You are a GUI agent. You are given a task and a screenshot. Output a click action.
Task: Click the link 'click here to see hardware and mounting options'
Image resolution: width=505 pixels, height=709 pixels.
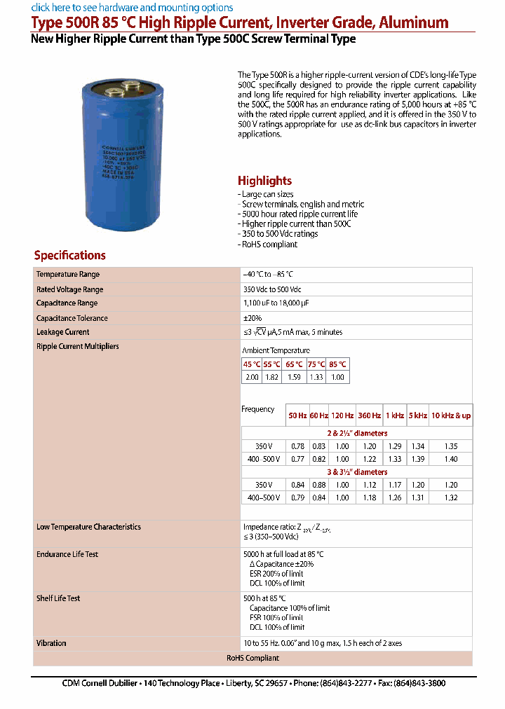pos(132,8)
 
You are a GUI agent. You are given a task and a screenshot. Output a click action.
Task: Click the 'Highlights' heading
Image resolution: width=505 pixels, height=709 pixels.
pos(264,181)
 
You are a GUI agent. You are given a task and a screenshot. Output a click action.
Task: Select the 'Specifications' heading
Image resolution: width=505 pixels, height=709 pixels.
pos(69,256)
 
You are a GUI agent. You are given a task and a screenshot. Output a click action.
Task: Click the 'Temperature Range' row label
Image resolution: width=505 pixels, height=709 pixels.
pos(68,275)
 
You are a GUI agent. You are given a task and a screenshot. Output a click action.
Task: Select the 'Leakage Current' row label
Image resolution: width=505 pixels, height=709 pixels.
pos(63,332)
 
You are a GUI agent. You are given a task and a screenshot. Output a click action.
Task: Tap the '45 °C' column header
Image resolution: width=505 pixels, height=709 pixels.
pos(252,364)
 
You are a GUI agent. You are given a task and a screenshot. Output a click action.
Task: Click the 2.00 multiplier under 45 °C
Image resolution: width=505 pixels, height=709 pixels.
pos(252,377)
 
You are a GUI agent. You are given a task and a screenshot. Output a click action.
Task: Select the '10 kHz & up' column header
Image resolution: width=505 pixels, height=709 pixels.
pos(450,415)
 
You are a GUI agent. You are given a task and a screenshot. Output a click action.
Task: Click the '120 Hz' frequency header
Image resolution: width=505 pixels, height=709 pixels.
pos(342,415)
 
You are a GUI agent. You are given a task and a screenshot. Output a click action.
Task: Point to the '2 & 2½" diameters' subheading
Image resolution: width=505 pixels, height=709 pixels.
pos(358,433)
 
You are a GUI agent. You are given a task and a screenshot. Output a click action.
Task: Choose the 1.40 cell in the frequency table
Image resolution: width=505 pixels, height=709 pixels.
pos(450,459)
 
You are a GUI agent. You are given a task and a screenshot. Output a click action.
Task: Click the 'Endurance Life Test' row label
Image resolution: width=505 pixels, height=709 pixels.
pos(67,554)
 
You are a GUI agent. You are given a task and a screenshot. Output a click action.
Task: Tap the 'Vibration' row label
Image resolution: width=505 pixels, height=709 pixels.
pos(51,643)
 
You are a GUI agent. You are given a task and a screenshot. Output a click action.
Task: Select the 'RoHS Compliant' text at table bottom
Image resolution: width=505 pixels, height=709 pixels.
pos(252,658)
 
